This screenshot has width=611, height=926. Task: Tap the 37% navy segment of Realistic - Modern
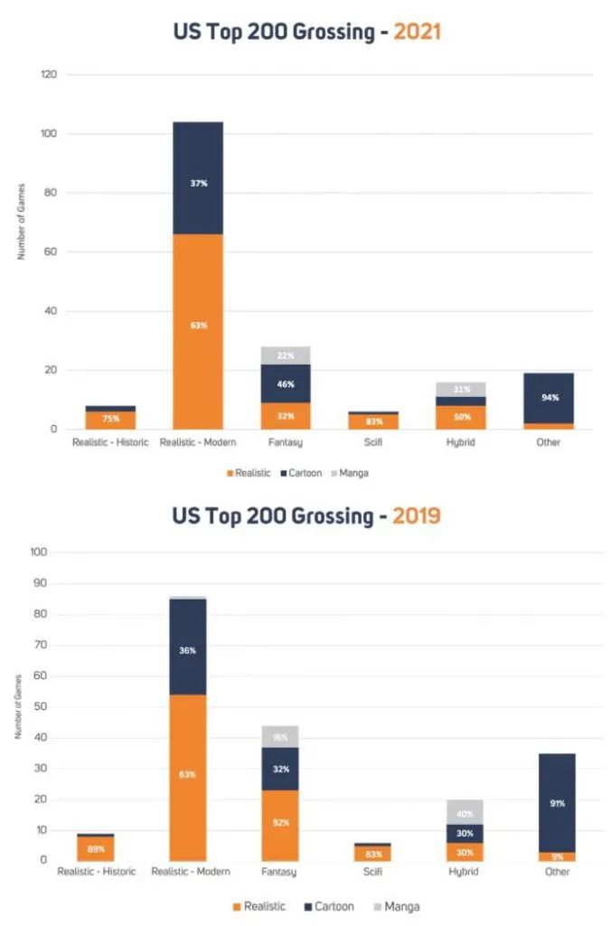pyautogui.click(x=198, y=182)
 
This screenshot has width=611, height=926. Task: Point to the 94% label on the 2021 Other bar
pyautogui.click(x=548, y=397)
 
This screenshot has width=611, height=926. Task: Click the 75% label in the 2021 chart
pyautogui.click(x=111, y=419)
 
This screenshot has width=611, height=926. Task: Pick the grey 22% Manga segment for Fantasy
pyautogui.click(x=286, y=355)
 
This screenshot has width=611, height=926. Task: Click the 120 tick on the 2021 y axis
pyautogui.click(x=51, y=75)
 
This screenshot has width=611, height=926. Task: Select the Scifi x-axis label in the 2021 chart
pyautogui.click(x=372, y=442)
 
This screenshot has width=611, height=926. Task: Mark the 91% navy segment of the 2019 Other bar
pyautogui.click(x=557, y=802)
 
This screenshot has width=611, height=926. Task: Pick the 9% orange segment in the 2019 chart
pyautogui.click(x=557, y=855)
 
